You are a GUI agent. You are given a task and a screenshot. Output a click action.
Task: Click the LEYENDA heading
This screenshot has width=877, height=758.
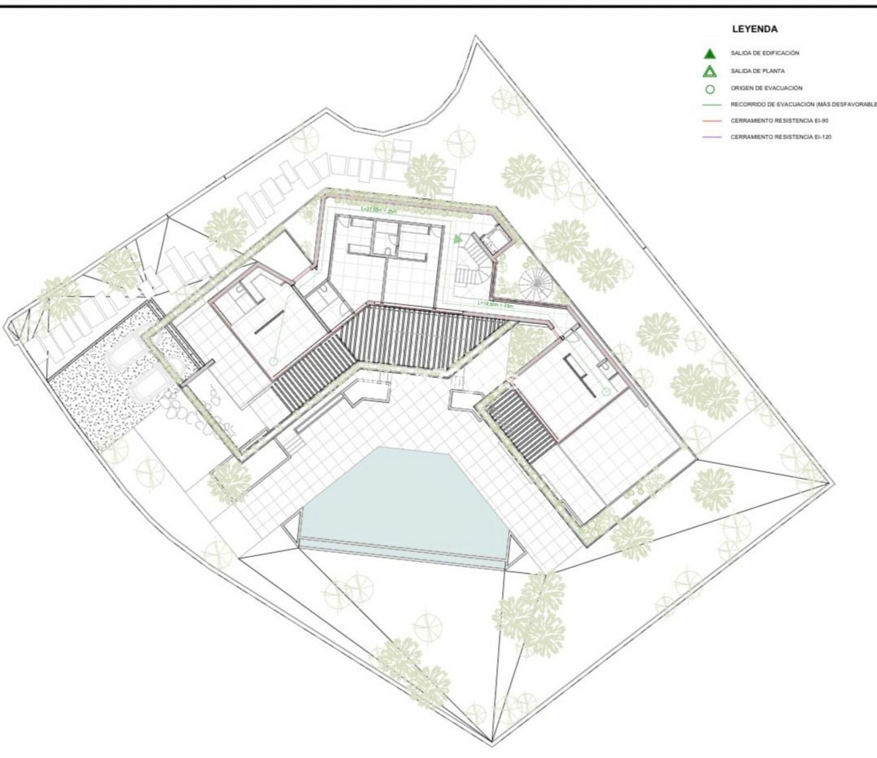point(754,30)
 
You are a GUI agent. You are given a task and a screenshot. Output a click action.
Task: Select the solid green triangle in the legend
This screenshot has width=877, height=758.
point(709,53)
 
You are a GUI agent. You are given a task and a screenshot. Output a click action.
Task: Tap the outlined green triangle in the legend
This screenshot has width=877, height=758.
point(709,72)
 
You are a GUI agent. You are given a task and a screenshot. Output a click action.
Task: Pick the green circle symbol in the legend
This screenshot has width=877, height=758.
point(709,89)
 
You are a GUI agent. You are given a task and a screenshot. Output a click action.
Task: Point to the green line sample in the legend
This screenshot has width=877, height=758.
point(709,105)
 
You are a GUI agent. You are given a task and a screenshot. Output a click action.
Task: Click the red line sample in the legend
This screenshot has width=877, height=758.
point(709,121)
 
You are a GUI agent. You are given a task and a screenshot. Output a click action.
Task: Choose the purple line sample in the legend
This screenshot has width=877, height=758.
point(709,137)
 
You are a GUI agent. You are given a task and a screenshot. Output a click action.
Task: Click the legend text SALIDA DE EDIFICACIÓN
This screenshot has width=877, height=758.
point(764,53)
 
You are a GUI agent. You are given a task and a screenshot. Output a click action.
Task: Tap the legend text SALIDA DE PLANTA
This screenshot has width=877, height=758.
point(759,72)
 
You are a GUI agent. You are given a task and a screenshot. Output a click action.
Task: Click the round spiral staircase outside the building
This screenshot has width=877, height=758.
point(537,282)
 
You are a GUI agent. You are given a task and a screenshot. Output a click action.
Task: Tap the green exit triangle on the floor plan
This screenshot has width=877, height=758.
point(458,239)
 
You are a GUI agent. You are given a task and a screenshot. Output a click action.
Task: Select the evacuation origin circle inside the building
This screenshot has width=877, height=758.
point(273,361)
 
